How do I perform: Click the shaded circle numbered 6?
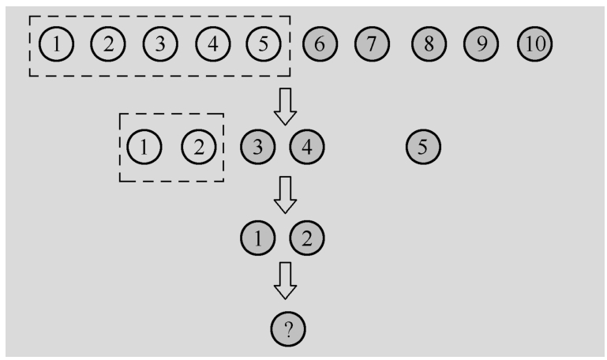click(x=320, y=44)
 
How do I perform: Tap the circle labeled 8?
click(x=428, y=44)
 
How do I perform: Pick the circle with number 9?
click(x=481, y=44)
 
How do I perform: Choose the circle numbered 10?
click(x=534, y=44)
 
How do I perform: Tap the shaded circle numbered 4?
click(x=306, y=146)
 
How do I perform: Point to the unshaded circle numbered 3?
click(x=159, y=44)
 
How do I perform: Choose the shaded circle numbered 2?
click(x=306, y=237)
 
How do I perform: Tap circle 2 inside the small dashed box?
click(x=198, y=146)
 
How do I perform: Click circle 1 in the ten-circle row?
click(x=55, y=44)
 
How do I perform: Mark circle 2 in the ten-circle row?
click(x=108, y=44)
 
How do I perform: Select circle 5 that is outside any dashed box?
click(x=422, y=146)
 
